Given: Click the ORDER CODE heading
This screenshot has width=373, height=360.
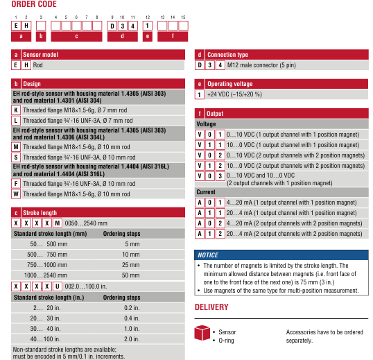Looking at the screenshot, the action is [34, 4].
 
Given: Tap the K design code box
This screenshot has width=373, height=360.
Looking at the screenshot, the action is [16, 110].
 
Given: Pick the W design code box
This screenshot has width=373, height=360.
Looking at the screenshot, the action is [16, 194].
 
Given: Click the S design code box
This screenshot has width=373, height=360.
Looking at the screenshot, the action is [16, 157].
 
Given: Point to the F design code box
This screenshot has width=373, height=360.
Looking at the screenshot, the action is [16, 183].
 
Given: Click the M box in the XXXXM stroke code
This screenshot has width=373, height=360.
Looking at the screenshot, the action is [58, 223].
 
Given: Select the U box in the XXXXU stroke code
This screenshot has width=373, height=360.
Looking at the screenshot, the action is [58, 286].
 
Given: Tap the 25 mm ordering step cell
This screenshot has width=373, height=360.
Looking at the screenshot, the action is [130, 265].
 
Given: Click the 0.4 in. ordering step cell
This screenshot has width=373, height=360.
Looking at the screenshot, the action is [132, 318].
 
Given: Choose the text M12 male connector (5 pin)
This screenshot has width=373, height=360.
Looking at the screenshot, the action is [261, 65].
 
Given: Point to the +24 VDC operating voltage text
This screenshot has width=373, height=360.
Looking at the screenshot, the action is [234, 94].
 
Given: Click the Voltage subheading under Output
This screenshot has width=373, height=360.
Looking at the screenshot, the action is [206, 124].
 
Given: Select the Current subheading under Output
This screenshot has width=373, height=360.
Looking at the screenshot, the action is [206, 192].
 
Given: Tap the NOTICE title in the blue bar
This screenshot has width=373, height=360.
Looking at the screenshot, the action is [208, 255].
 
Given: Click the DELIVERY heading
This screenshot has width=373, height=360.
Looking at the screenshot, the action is [211, 307].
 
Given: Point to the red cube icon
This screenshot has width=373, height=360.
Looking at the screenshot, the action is [202, 333].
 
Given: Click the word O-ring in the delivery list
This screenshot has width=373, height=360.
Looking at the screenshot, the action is [226, 341].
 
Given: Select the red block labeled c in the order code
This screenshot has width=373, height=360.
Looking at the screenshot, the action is [76, 36].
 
